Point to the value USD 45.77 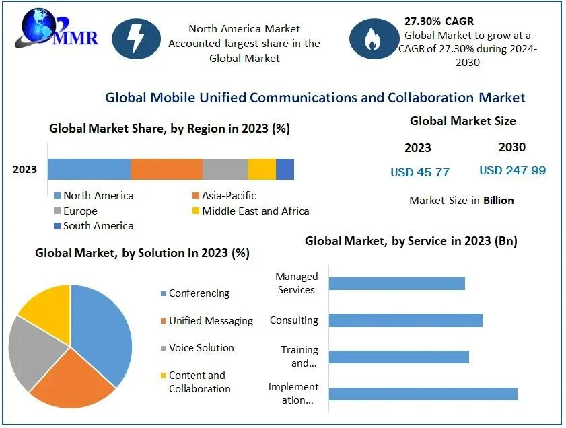point(420,172)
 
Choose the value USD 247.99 point(512,170)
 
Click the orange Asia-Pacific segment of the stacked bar point(166,170)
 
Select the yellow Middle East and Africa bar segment point(262,170)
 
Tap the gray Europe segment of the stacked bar point(225,170)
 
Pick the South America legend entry point(94,226)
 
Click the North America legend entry point(94,196)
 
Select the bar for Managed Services point(397,283)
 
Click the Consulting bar point(405,320)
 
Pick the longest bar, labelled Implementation point(423,394)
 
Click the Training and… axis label point(299,357)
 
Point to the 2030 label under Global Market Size point(512,147)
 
